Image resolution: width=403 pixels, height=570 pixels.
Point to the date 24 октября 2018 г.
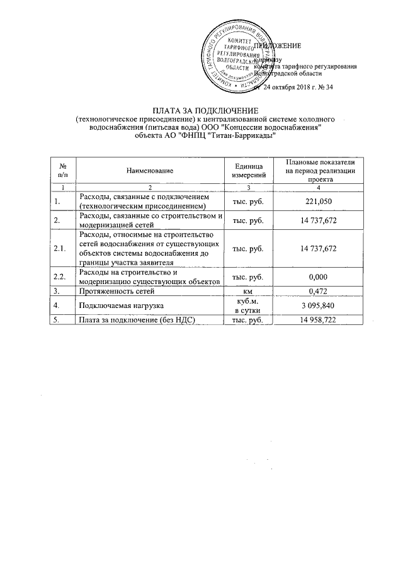point(292,87)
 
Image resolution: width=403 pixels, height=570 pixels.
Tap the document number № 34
point(324,87)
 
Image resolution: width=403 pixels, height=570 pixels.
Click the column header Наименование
point(149,170)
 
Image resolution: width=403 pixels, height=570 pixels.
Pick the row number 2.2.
point(60,276)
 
